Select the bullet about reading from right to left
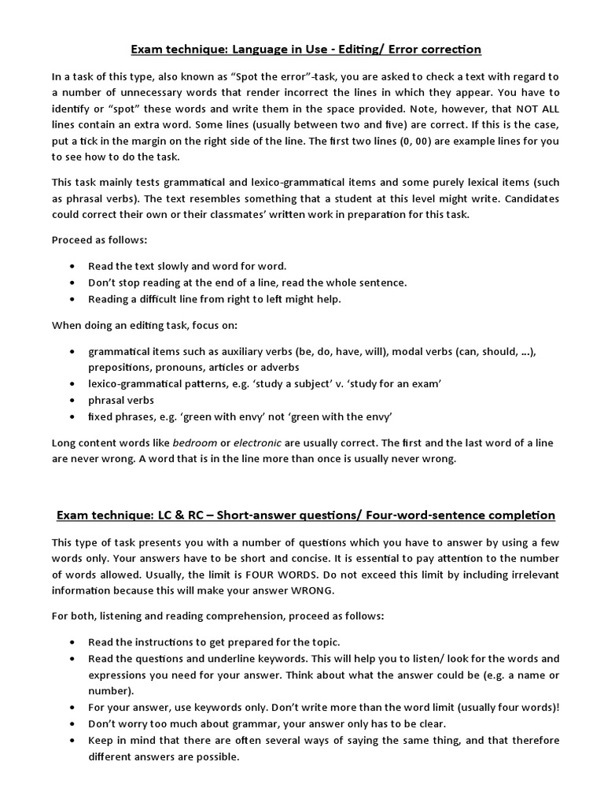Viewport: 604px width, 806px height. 215,299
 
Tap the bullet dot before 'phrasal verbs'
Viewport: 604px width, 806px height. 73,400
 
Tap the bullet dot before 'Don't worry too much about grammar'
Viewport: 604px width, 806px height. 73,724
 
